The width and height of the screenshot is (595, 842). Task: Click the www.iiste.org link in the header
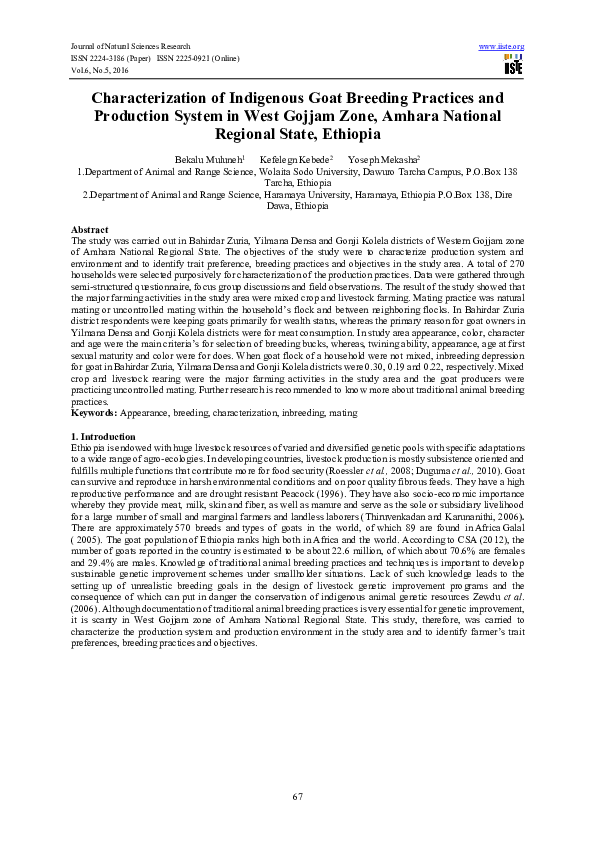pyautogui.click(x=502, y=47)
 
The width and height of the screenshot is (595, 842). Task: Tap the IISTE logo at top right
pyautogui.click(x=513, y=66)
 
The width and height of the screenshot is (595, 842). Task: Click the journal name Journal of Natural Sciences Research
pyautogui.click(x=129, y=47)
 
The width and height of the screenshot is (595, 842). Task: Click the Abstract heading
pyautogui.click(x=90, y=230)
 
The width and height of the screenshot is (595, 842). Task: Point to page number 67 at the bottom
pyautogui.click(x=297, y=795)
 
